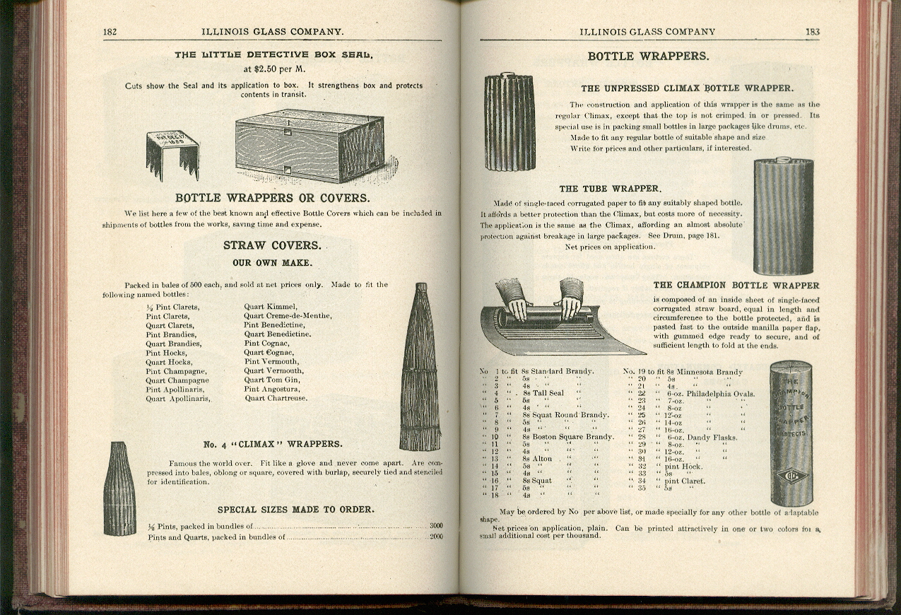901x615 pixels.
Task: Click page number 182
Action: [x=110, y=32]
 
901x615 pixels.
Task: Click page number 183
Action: [x=812, y=32]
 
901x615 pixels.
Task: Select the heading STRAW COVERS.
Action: [x=272, y=245]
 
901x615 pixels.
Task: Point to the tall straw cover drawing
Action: [x=421, y=368]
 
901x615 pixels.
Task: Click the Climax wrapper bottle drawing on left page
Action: [x=119, y=488]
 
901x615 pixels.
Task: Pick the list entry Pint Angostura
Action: [x=272, y=389]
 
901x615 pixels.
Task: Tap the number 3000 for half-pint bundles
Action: [x=436, y=526]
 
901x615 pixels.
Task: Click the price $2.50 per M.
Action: [x=273, y=69]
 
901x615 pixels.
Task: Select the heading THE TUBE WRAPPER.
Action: [x=610, y=189]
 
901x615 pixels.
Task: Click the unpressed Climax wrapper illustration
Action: [x=509, y=122]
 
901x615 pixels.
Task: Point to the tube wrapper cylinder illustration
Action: [x=783, y=216]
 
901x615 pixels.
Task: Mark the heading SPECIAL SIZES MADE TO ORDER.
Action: [x=295, y=509]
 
